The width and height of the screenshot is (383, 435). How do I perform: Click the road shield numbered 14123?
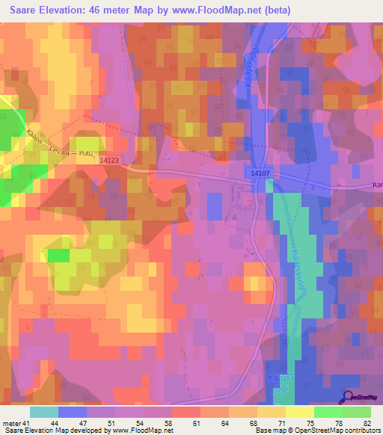tap(109, 160)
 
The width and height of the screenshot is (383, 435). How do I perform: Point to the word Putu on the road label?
tap(87, 155)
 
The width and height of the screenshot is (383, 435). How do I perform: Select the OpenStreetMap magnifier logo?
tap(346, 398)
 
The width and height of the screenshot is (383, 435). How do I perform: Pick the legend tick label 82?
tap(366, 423)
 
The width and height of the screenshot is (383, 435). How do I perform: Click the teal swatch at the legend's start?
tap(44, 412)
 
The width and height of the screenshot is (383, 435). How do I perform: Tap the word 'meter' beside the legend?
tap(12, 423)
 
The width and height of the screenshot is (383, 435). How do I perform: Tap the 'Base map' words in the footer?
tap(272, 431)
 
